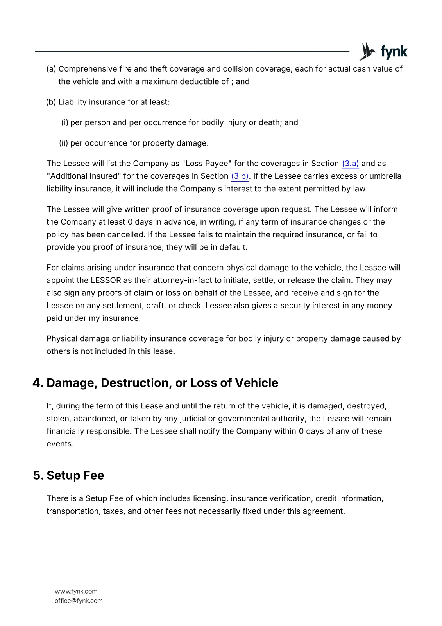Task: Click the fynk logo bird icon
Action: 367,51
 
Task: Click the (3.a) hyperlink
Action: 350,164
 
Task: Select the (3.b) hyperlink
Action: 240,176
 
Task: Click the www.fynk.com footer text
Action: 76,591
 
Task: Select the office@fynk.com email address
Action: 79,601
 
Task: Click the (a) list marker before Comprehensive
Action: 51,69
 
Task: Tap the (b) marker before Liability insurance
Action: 51,102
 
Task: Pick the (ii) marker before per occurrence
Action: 63,143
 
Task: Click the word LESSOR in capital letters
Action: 106,281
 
